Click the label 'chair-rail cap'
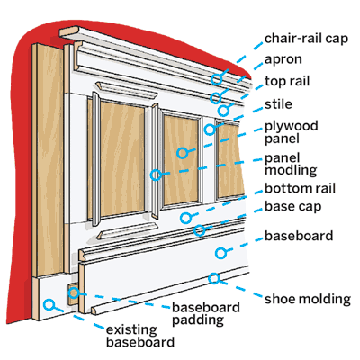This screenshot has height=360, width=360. tap(306, 39)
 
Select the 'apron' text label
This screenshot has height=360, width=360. tap(283, 60)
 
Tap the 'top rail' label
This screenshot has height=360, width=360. tap(287, 81)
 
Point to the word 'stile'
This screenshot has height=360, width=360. tap(278, 104)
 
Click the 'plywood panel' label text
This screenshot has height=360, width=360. tap(292, 132)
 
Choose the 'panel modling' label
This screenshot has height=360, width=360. tap(291, 164)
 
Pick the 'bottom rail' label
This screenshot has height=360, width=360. tap(300, 188)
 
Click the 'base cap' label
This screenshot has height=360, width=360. tap(293, 207)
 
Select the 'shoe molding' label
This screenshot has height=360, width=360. tap(308, 299)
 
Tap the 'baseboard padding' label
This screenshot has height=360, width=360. tap(206, 313)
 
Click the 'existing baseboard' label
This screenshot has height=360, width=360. tap(140, 336)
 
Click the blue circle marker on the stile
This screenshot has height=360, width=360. tap(210, 130)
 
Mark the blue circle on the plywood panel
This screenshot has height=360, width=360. tap(183, 153)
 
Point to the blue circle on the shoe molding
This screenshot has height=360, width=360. tap(214, 278)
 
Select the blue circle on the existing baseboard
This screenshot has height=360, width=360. tap(49, 304)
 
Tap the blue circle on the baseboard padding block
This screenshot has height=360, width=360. tap(74, 292)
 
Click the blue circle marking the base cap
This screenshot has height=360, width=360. tap(200, 230)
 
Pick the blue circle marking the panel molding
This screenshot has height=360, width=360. tap(156, 175)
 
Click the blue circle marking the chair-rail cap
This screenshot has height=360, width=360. tap(216, 79)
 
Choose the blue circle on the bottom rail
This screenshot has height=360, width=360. tap(186, 218)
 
